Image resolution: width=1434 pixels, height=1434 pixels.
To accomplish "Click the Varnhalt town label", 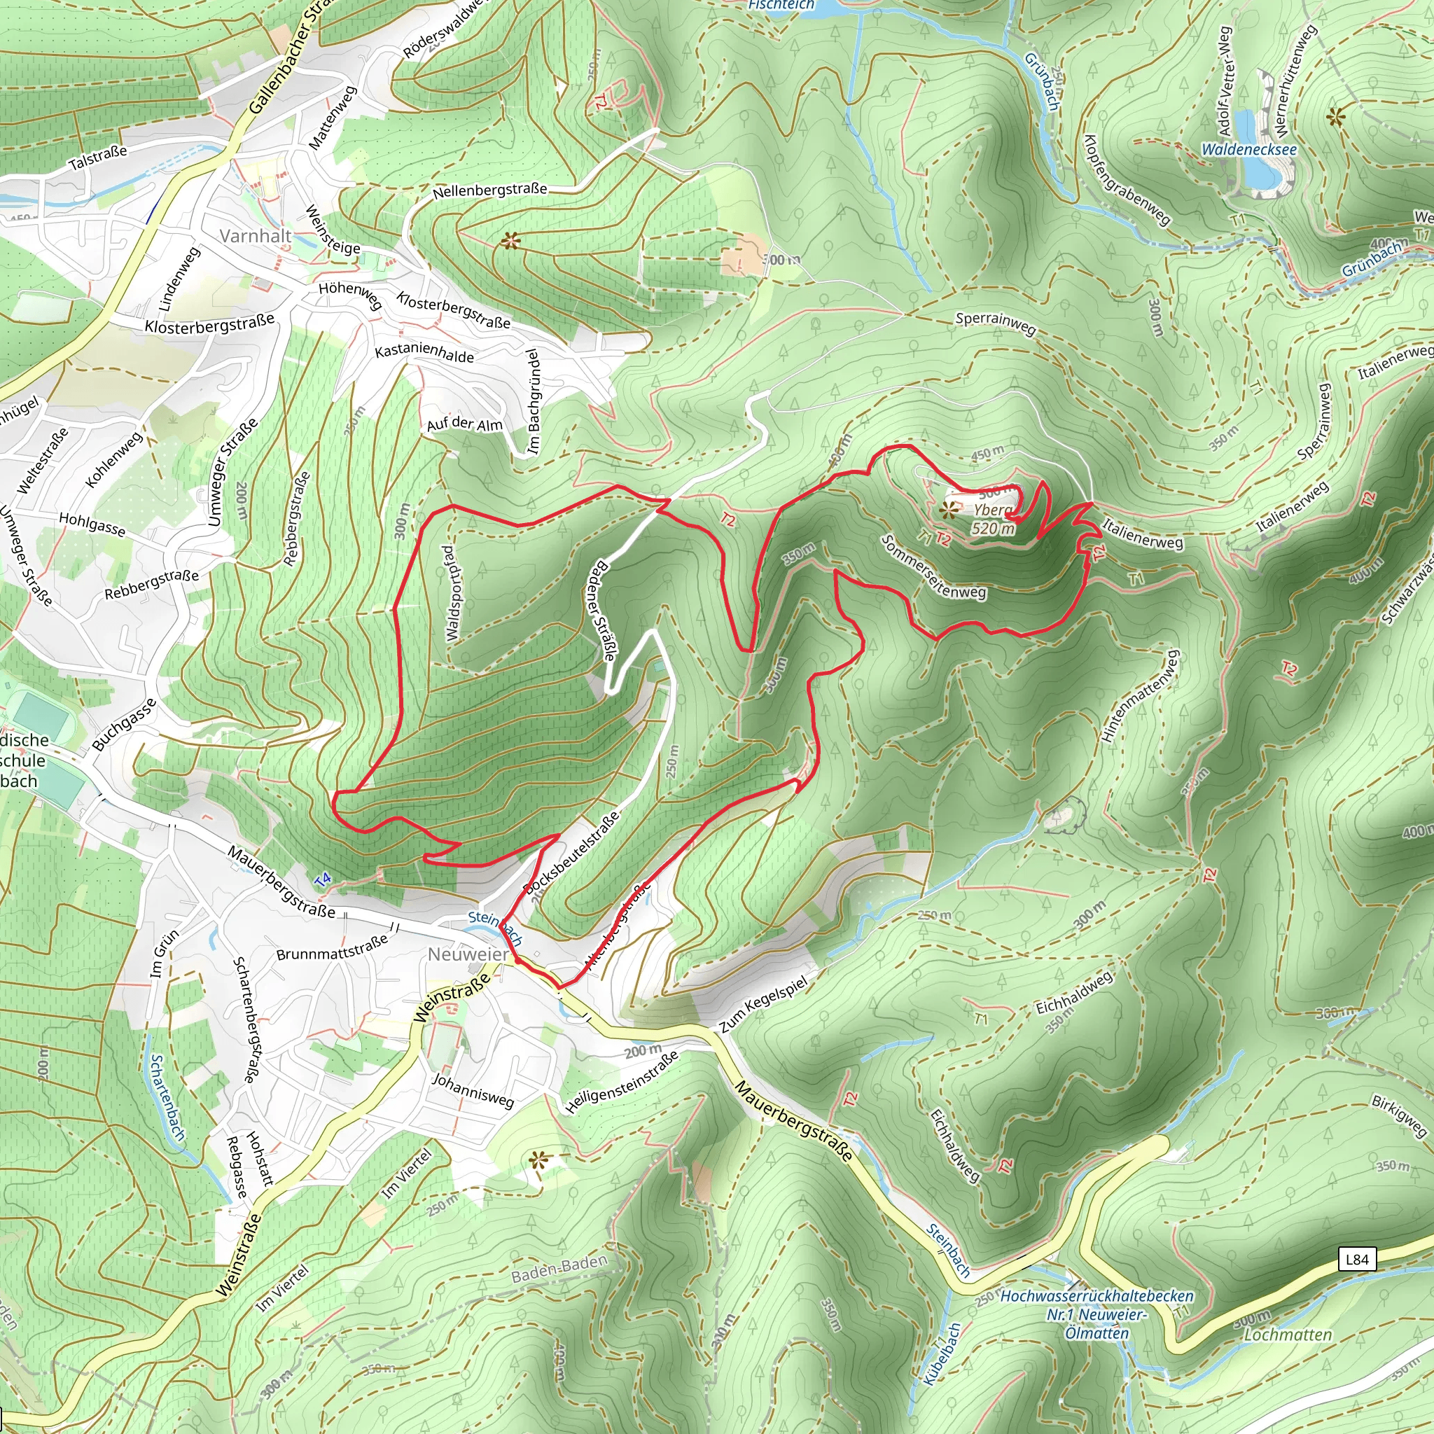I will click(x=256, y=236).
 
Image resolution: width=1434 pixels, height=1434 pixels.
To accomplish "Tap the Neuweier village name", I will click(x=468, y=954).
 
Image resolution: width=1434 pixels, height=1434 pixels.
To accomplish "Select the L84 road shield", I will click(x=1357, y=1259).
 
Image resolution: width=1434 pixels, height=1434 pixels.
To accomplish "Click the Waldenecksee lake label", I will click(x=1249, y=149).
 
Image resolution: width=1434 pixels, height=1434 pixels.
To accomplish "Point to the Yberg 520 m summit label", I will click(x=992, y=519).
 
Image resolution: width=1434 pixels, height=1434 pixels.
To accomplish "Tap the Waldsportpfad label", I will click(x=450, y=594).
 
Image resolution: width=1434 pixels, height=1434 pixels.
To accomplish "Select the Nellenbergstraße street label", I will click(x=490, y=190).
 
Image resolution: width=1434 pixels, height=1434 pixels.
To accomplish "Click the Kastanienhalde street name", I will click(x=424, y=353).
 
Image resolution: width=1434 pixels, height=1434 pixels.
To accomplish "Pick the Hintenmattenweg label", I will click(x=1140, y=696).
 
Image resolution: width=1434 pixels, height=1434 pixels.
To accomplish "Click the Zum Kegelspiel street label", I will click(x=763, y=1004).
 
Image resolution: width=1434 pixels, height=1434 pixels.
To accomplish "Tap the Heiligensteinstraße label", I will click(x=621, y=1081).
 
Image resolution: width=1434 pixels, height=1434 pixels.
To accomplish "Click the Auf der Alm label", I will click(x=465, y=424).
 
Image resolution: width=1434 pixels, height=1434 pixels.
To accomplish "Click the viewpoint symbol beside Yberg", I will click(x=948, y=510).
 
